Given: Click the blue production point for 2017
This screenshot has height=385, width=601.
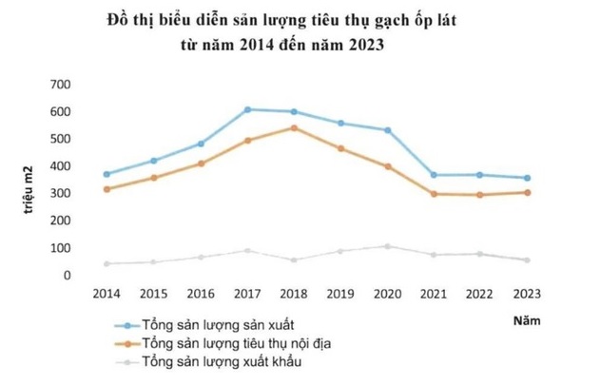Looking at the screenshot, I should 247,109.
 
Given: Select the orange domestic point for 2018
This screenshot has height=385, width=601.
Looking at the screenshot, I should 293,127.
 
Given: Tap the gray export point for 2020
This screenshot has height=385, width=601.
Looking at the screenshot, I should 387,246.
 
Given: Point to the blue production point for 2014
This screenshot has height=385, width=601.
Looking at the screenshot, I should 107,174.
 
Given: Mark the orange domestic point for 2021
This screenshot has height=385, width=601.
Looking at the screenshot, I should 434,194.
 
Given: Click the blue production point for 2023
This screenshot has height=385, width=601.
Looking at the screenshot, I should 526,178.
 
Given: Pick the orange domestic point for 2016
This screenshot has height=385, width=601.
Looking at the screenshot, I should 201,164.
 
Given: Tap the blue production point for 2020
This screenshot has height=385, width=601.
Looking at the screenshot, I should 387,129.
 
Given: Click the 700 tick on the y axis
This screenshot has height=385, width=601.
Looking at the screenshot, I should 60,85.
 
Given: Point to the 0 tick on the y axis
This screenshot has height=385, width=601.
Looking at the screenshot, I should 68,276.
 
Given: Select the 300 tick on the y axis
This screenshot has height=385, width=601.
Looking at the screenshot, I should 60,194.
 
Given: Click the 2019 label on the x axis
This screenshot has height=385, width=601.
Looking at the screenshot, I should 340,295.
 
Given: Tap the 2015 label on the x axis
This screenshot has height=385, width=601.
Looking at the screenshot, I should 154,295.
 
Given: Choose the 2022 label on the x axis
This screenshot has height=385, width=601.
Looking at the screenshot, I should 480,295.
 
